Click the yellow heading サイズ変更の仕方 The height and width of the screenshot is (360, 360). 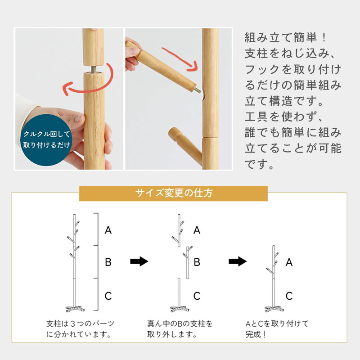coord(173,193)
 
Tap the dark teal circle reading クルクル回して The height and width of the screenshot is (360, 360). coord(46,140)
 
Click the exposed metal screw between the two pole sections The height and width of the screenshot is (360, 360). coord(94,69)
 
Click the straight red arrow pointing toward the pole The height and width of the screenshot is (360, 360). coord(180,59)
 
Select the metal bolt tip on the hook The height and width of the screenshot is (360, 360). coord(198,90)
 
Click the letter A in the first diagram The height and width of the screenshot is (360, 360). coord(108,230)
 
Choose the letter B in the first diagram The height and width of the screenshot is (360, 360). coord(108,262)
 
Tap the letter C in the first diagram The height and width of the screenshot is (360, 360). coord(108,296)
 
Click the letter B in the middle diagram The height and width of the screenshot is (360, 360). coord(197,262)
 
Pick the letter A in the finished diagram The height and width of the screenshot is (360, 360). coord(289,262)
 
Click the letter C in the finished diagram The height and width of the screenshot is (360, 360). coord(289,296)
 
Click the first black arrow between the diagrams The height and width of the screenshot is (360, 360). coord(139,261)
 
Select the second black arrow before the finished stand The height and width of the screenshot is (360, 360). coord(238,261)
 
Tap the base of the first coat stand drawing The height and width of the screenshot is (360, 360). coord(75,309)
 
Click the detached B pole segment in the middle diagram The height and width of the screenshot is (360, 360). coord(188,262)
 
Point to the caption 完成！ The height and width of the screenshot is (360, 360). coord(256,334)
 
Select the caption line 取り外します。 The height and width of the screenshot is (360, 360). coord(172,334)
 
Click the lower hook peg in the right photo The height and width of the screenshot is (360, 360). coord(185,144)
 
